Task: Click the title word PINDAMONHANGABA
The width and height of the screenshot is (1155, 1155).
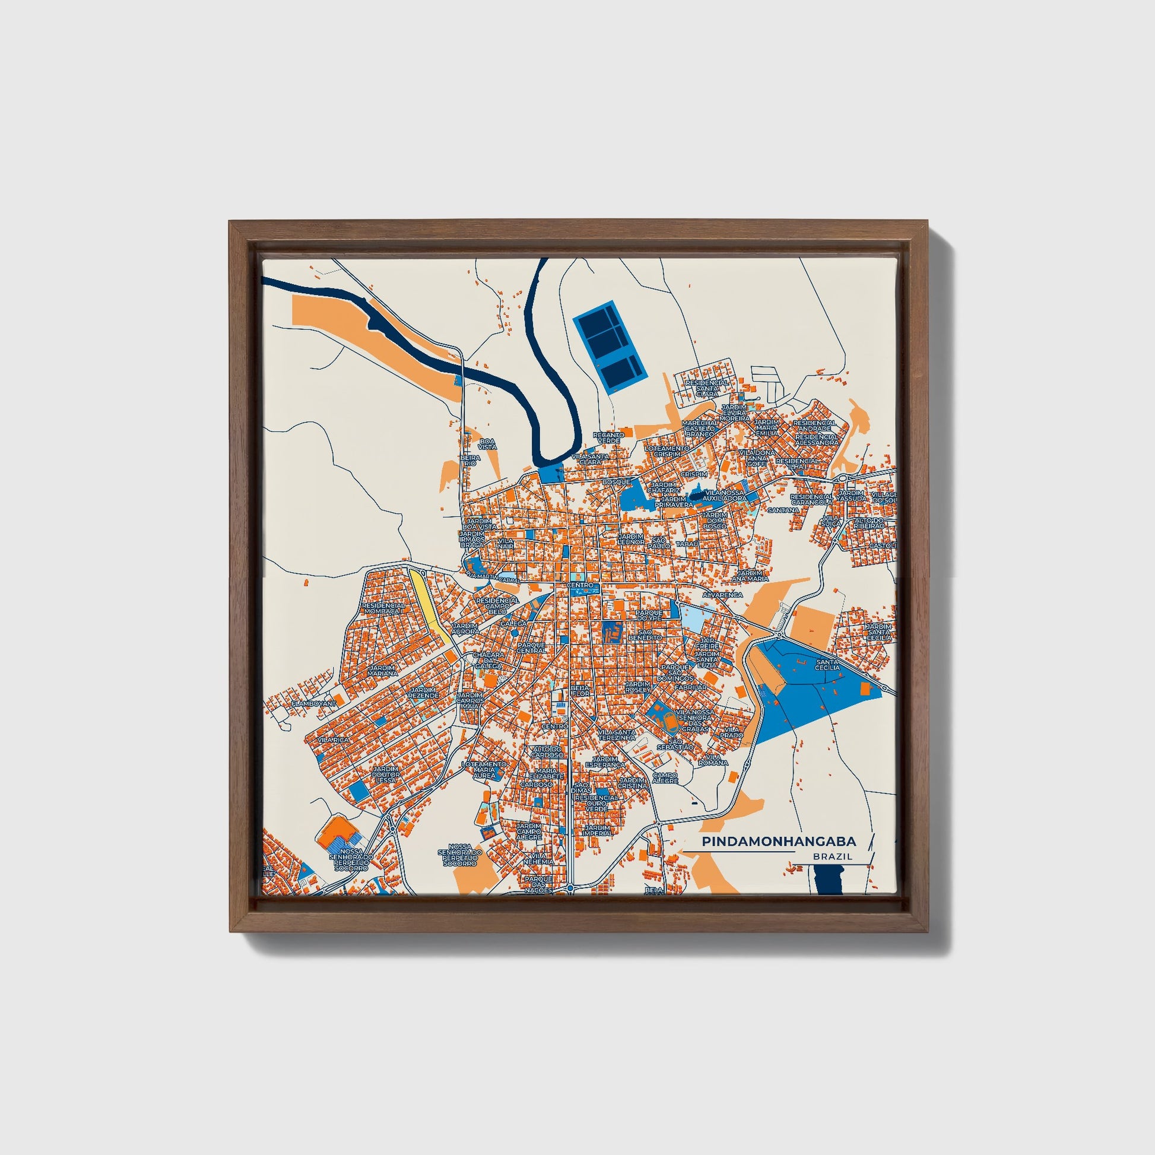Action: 778,841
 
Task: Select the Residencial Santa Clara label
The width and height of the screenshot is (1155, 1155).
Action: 707,388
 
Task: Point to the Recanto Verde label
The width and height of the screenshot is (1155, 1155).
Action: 608,437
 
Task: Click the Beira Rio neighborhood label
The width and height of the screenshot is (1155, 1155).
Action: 470,460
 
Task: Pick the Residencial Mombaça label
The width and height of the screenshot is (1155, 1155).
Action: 383,608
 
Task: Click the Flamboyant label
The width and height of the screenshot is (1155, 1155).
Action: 315,704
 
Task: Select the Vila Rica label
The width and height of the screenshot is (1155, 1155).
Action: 333,740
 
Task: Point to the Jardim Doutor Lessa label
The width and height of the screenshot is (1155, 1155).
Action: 386,774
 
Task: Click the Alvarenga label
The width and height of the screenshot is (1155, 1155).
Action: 723,595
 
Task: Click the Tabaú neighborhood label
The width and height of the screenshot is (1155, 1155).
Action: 687,544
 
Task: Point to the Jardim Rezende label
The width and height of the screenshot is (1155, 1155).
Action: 424,693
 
